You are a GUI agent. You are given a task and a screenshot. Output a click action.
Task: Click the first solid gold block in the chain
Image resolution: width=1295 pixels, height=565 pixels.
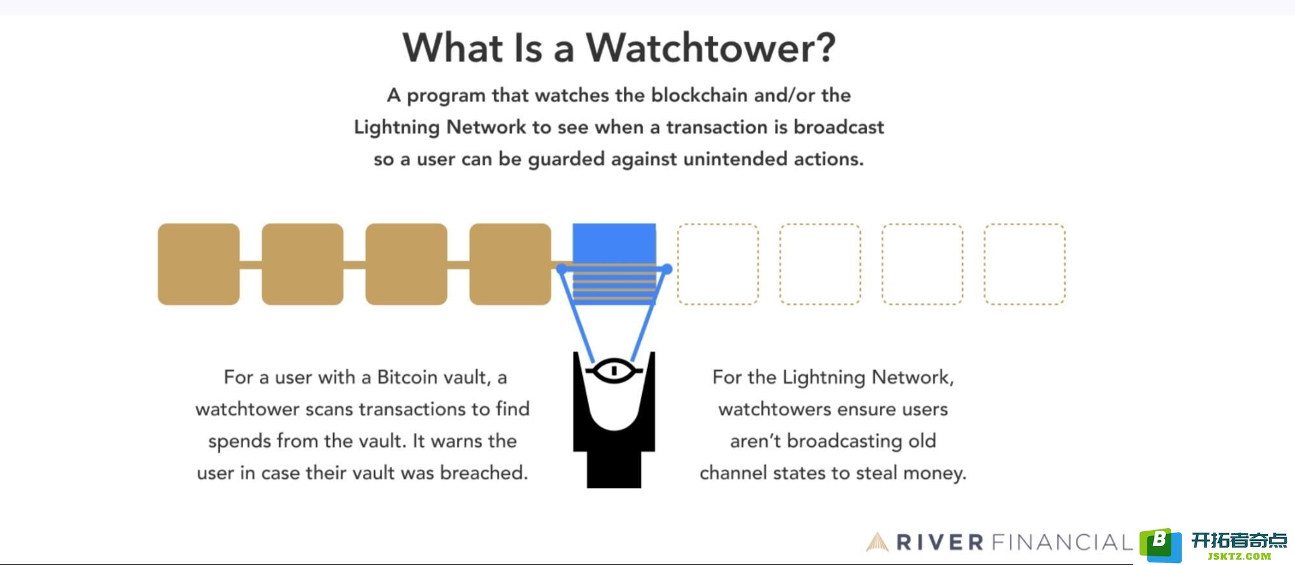point(199,264)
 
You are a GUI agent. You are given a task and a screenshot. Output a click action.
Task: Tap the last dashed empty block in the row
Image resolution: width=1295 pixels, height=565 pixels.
point(1024,264)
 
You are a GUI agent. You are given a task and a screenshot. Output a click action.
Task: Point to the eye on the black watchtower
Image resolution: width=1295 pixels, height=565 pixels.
point(613,371)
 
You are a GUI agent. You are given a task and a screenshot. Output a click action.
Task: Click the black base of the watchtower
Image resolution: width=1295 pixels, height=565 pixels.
point(614,468)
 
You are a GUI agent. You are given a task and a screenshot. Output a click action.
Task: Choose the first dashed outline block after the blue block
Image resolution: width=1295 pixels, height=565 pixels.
point(718,264)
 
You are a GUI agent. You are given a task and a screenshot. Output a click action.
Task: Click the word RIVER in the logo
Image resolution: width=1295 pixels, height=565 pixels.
point(940,542)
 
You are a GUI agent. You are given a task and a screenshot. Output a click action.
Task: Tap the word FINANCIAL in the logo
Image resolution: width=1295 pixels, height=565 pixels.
point(1062,542)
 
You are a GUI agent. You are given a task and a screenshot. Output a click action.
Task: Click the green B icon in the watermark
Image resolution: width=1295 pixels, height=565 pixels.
point(1161,544)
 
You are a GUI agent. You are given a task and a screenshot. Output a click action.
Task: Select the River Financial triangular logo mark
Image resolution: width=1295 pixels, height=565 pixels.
point(877,542)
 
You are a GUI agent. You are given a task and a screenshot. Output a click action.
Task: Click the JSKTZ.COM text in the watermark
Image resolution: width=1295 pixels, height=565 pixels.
point(1239,556)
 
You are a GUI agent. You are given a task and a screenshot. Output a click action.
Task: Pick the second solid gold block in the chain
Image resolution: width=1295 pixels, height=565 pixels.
point(303,264)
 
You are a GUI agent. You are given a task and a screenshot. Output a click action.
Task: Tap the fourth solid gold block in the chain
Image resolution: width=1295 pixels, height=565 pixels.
point(510,264)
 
